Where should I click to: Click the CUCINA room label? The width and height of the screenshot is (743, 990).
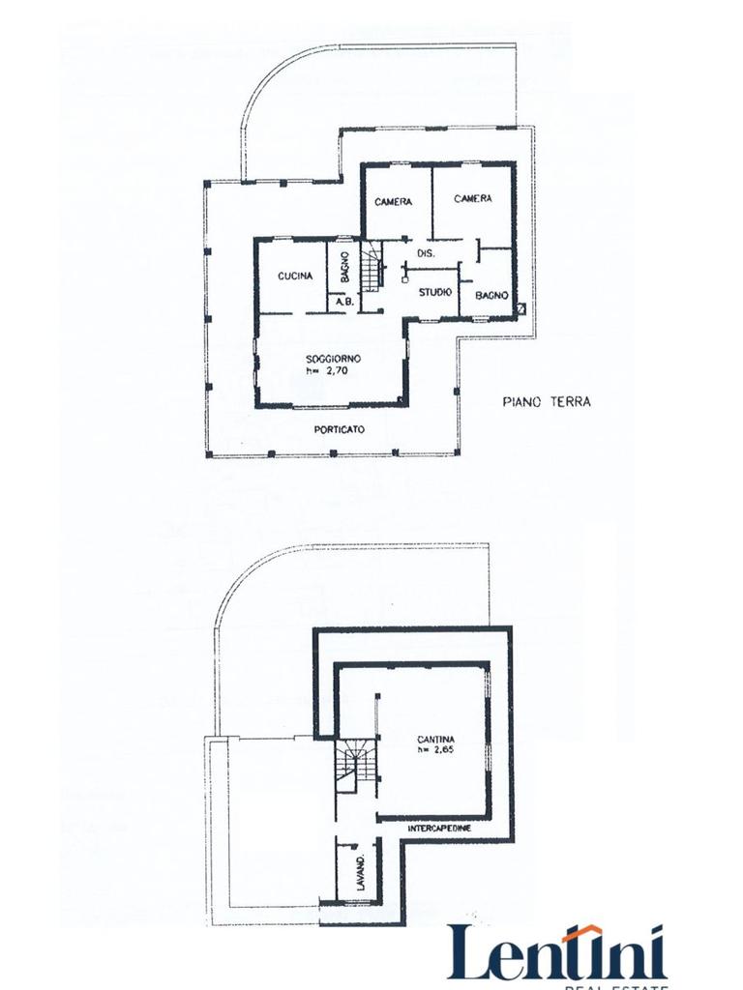(x=295, y=276)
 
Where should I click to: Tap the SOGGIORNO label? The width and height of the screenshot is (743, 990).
(x=333, y=359)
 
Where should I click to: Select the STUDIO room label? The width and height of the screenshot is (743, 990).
(x=435, y=292)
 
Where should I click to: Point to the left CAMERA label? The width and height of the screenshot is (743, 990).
(x=393, y=201)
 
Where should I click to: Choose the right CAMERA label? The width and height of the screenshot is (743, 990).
(x=472, y=198)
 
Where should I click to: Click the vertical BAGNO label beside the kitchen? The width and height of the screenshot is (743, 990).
(x=345, y=267)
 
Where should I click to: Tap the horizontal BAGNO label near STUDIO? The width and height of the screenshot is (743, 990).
(x=491, y=295)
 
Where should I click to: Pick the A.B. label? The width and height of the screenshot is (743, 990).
(x=344, y=302)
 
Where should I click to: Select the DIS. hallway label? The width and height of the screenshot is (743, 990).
(x=426, y=253)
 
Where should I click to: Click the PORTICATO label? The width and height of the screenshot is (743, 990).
(x=340, y=429)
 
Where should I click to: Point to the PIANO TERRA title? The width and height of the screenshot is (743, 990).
(x=547, y=401)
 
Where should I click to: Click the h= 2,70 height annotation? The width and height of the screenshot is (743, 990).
(x=327, y=370)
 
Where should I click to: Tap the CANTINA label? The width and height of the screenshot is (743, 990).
(x=436, y=739)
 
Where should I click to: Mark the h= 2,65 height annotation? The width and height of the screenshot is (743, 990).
(x=436, y=749)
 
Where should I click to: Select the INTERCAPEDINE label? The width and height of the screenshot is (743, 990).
(x=439, y=828)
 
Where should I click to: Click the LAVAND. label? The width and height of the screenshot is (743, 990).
(x=361, y=873)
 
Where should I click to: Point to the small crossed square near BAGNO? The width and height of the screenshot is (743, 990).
(x=521, y=308)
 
